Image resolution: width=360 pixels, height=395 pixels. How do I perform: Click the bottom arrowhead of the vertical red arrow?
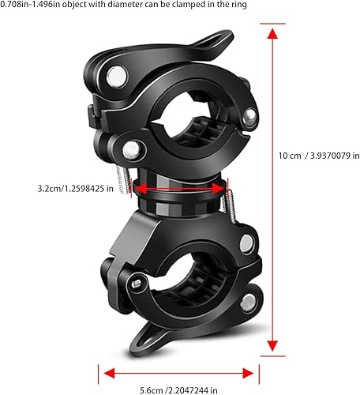click(x=272, y=345)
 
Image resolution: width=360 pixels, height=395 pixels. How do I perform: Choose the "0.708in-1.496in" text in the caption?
click(x=27, y=6)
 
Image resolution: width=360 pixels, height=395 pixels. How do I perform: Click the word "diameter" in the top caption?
click(x=135, y=6)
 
